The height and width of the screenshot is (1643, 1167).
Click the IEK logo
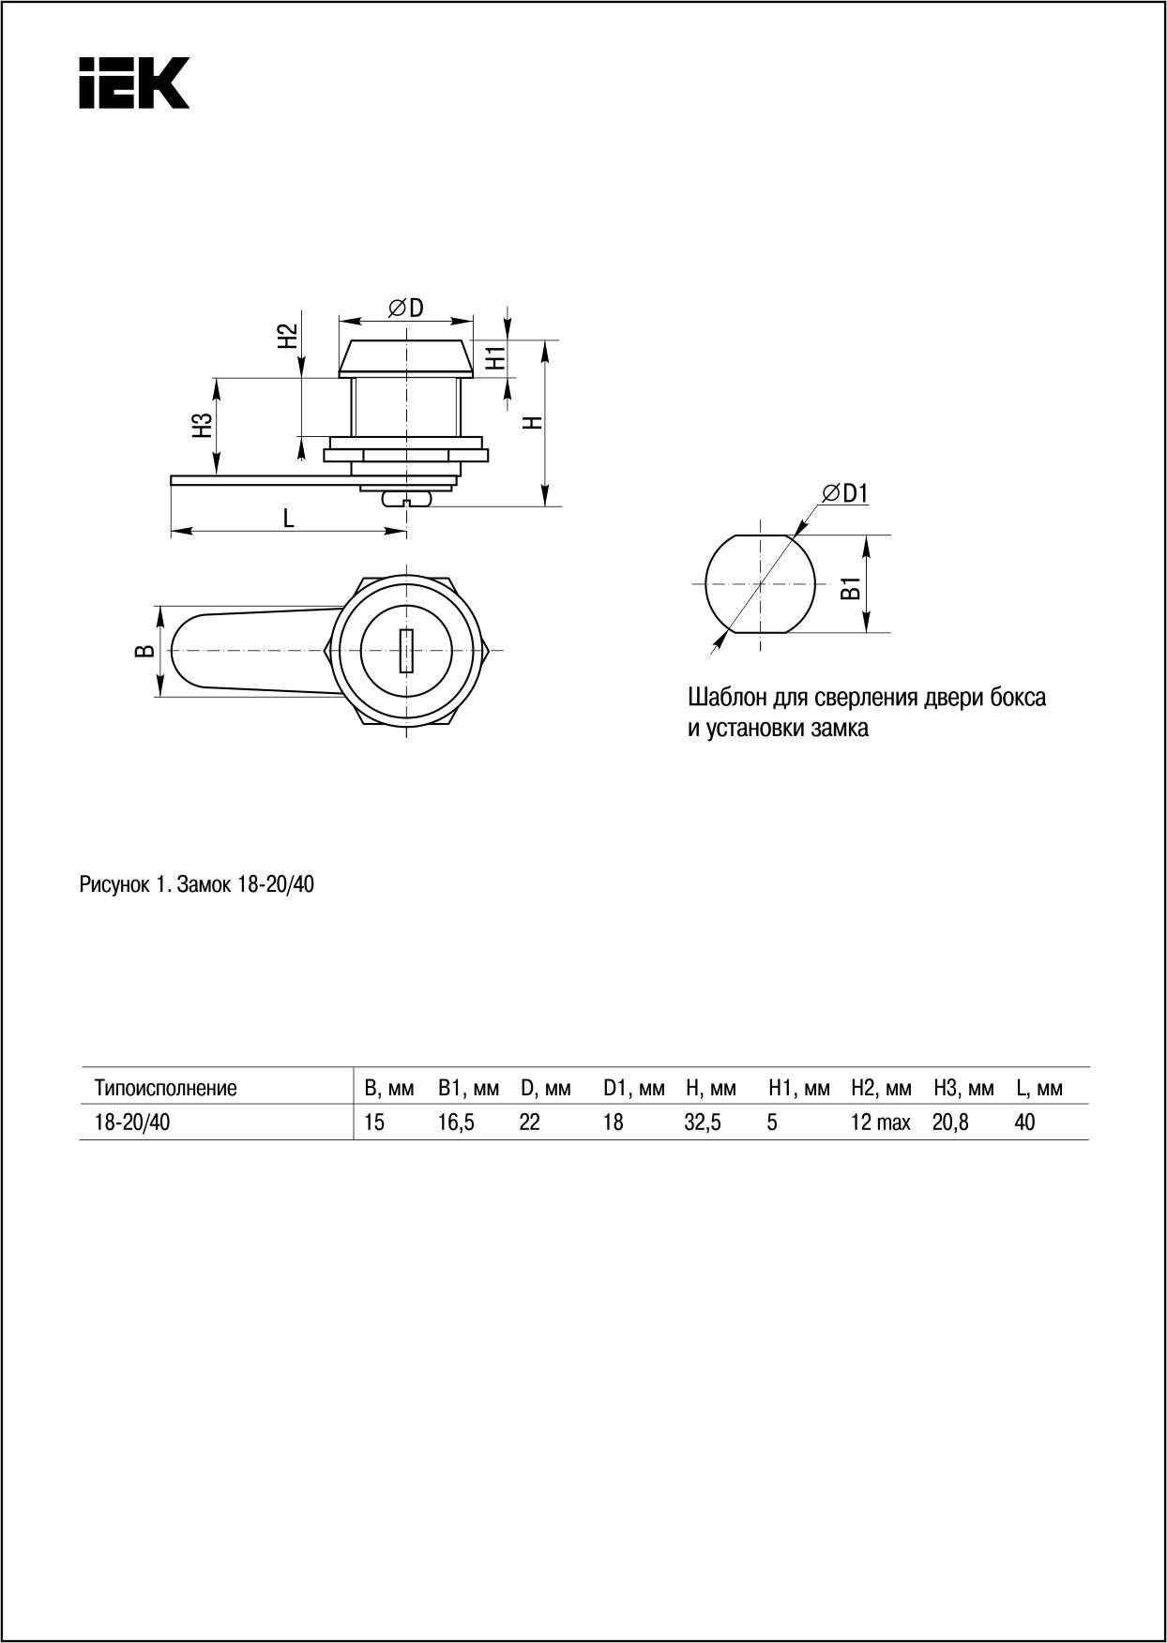[134, 83]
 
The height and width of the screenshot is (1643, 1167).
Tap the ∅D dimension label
[405, 307]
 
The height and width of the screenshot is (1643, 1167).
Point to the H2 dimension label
[287, 336]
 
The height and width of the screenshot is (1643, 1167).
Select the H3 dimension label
[201, 425]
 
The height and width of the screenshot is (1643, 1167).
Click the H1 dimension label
[496, 356]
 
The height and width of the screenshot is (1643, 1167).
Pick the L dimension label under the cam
[289, 517]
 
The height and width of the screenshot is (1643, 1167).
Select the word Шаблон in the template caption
[724, 699]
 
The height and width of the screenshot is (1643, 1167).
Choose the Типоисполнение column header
[165, 1089]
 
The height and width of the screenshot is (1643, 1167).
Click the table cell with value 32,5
[703, 1123]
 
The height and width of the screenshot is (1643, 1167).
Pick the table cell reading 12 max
[880, 1123]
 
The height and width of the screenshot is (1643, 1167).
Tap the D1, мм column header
[633, 1089]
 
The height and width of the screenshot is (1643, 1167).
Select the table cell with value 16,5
[456, 1123]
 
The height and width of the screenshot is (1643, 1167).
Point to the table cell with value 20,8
[950, 1123]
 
